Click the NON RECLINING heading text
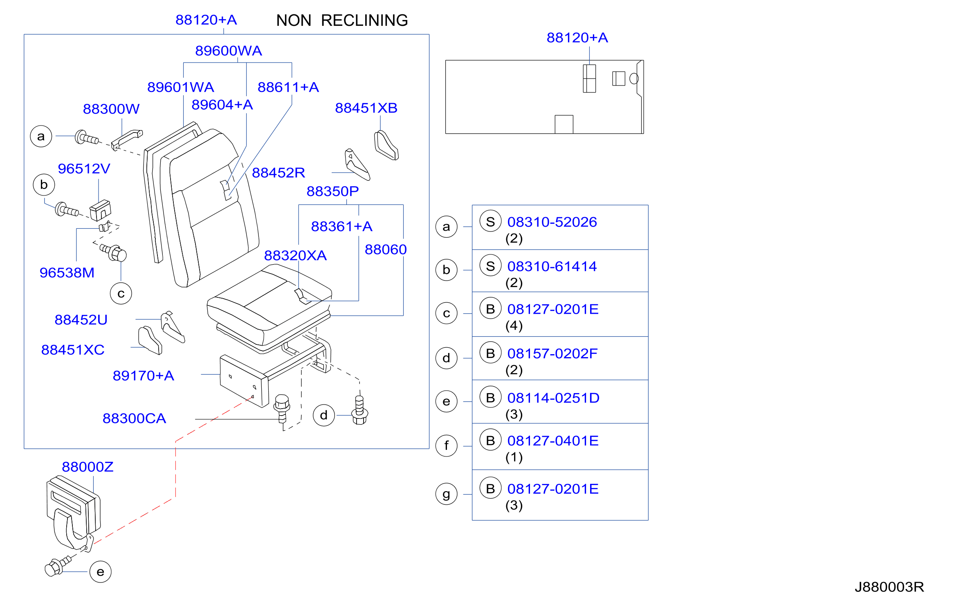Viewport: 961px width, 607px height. (x=342, y=20)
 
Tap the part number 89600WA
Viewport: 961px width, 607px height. (x=229, y=51)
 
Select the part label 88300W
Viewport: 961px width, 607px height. (x=111, y=109)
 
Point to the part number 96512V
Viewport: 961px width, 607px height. (x=84, y=169)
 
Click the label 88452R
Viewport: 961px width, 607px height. (x=278, y=173)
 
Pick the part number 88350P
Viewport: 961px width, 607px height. (x=333, y=191)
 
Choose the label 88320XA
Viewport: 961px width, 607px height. (x=295, y=255)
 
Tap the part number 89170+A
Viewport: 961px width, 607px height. (x=144, y=375)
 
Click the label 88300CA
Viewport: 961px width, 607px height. (x=134, y=418)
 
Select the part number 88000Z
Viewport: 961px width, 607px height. (x=88, y=467)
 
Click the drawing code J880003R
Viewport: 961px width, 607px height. (x=889, y=587)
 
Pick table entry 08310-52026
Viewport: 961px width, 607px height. (x=552, y=222)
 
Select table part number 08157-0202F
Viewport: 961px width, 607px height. (x=552, y=353)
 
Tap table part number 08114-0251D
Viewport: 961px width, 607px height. (x=553, y=398)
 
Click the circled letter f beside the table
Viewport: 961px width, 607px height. (x=447, y=445)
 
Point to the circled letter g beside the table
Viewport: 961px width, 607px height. (x=447, y=494)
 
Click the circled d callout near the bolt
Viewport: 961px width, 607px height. (x=324, y=416)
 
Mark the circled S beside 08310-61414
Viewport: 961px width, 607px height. (x=491, y=266)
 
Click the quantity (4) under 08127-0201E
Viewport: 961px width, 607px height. (x=514, y=326)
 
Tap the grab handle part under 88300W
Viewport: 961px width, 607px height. (x=127, y=139)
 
